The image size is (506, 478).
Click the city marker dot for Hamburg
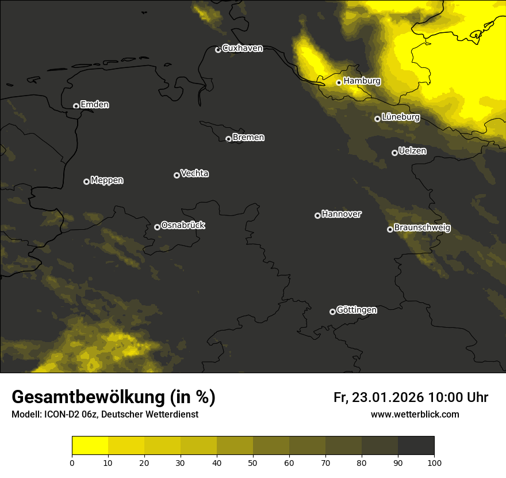pos(339,82)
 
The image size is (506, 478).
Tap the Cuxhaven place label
pos(242,48)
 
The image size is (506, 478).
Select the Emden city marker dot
pos(76,106)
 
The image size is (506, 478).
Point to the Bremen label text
pos(248,138)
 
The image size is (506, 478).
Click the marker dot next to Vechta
pos(177,175)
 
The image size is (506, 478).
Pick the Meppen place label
pos(107,180)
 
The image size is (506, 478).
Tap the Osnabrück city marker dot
pos(157,227)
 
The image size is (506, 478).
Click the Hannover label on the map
pos(342,214)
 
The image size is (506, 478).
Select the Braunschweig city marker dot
pos(390,229)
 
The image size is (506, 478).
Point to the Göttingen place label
pos(356,310)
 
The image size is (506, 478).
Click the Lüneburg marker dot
pos(377,119)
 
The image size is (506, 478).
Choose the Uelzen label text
pos(412,151)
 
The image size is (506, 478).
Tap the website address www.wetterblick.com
pos(415,414)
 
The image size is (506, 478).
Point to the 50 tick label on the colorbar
pos(253,462)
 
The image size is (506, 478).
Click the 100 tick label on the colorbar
pos(434,462)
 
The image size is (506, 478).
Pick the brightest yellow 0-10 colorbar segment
pos(90,446)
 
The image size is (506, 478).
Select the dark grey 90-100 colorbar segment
pos(416,446)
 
